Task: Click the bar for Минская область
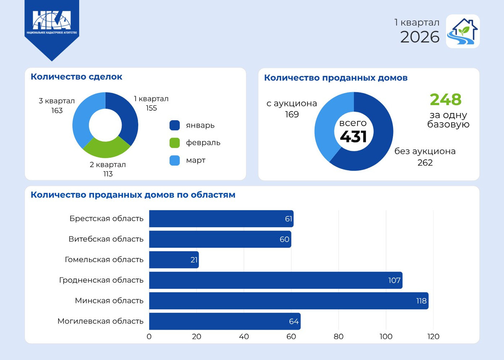point(289,301)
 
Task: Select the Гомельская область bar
point(174,260)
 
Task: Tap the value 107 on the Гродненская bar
point(394,280)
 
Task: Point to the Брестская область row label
point(107,218)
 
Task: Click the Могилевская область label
point(100,321)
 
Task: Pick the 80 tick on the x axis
point(339,336)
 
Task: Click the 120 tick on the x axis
point(433,336)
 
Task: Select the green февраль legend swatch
point(175,143)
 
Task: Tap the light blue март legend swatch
point(175,160)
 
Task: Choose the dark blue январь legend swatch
point(175,125)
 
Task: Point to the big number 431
point(353,137)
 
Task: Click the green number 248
point(446,100)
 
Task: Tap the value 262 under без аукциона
point(425,163)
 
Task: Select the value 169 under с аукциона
point(291,114)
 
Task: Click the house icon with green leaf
point(462,32)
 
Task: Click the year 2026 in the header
point(420,37)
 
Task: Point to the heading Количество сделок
point(76,77)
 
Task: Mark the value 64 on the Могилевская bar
point(294,322)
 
